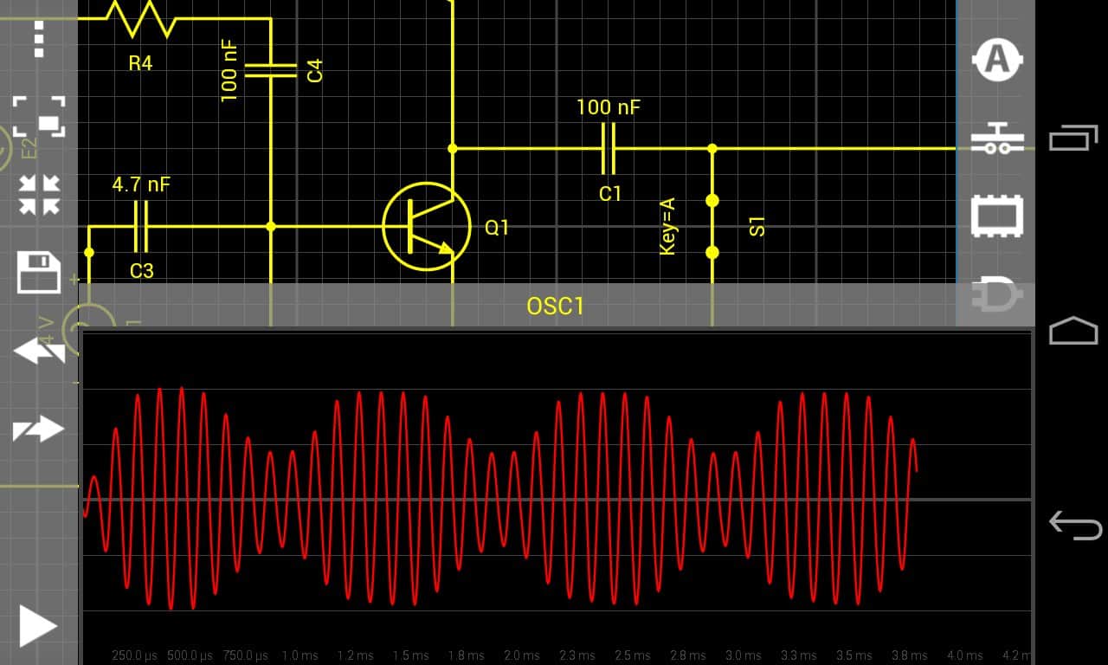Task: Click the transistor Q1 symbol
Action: pos(426,227)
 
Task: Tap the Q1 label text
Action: pos(497,228)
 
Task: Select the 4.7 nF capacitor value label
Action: pos(141,184)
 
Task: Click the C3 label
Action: pos(142,271)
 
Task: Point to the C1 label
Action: pos(610,194)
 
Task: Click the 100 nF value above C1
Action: pos(609,107)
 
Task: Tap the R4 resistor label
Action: pos(140,62)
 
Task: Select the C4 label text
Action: pos(315,70)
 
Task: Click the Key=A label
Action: pos(667,226)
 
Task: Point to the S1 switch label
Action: pos(757,227)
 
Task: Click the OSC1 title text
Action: pos(555,307)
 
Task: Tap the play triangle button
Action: pos(37,626)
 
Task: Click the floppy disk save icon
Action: pos(39,273)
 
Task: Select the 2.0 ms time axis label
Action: pos(524,655)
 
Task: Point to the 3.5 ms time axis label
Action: pos(854,655)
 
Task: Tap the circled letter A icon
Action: pos(997,61)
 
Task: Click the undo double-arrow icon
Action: pos(39,352)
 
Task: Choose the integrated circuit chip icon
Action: pos(997,216)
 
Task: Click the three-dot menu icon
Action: pos(39,38)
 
